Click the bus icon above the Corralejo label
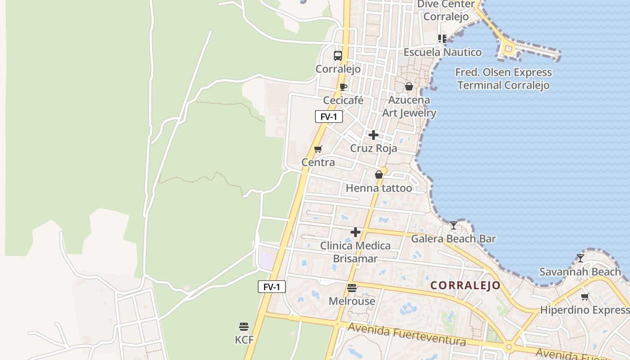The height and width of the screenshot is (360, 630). pyautogui.click(x=338, y=56)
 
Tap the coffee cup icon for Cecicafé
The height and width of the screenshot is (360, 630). pyautogui.click(x=343, y=87)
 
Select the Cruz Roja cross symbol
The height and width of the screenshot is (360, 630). pyautogui.click(x=373, y=135)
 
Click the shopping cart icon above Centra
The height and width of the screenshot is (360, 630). pyautogui.click(x=318, y=149)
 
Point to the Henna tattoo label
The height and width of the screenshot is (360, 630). pyautogui.click(x=378, y=188)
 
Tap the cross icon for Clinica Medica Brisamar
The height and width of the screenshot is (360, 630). pyautogui.click(x=355, y=232)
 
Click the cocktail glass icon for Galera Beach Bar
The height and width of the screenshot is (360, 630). pyautogui.click(x=453, y=225)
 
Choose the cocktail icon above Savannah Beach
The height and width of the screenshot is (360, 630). pyautogui.click(x=580, y=258)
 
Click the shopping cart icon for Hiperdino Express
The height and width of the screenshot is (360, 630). pyautogui.click(x=585, y=297)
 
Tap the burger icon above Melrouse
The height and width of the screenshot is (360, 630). pyautogui.click(x=352, y=288)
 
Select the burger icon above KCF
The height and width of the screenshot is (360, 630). pyautogui.click(x=244, y=326)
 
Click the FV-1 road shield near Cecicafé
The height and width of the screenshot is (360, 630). pyautogui.click(x=329, y=117)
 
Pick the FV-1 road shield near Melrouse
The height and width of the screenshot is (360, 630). pyautogui.click(x=272, y=287)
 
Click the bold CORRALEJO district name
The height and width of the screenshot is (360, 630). pyautogui.click(x=465, y=285)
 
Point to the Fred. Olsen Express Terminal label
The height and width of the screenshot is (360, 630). pyautogui.click(x=503, y=79)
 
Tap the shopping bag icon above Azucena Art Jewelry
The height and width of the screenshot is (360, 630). pyautogui.click(x=409, y=86)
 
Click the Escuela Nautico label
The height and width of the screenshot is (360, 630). pyautogui.click(x=442, y=52)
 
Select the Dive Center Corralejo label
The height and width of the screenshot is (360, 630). pyautogui.click(x=446, y=10)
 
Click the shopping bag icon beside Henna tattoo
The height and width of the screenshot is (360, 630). pyautogui.click(x=379, y=175)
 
